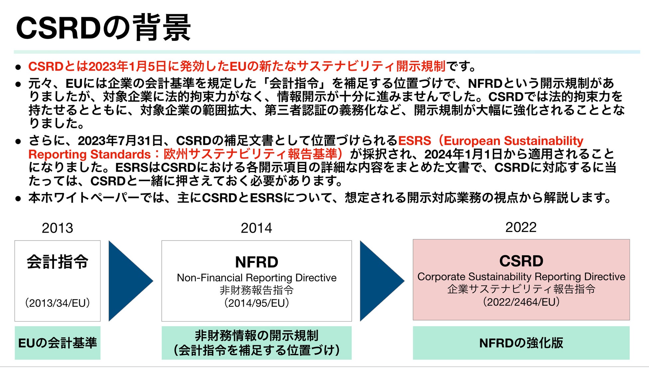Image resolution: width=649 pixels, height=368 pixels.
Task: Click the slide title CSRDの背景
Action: click(x=103, y=28)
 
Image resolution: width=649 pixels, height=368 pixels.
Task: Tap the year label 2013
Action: click(x=57, y=228)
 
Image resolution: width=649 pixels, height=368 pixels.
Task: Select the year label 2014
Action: click(x=256, y=228)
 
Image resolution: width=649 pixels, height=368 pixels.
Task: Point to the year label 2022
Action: click(x=521, y=227)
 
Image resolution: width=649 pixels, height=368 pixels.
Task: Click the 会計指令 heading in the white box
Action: click(x=58, y=262)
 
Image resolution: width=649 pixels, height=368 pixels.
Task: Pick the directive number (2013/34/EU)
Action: click(x=58, y=303)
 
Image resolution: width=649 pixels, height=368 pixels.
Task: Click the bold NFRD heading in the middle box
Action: click(x=256, y=262)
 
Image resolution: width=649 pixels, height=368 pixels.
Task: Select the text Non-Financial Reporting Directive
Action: click(x=256, y=277)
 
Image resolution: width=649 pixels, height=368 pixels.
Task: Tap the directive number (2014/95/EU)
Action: click(x=256, y=303)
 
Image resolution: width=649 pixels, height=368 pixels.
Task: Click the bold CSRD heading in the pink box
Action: click(x=521, y=261)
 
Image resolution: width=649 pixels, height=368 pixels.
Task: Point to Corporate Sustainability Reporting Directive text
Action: click(x=521, y=276)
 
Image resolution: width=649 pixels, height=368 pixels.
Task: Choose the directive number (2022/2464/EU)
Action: click(x=521, y=302)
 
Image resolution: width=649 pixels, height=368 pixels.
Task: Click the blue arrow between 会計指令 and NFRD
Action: click(x=128, y=281)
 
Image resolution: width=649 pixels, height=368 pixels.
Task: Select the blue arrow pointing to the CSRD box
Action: click(x=379, y=281)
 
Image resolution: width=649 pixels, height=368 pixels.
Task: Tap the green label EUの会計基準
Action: click(x=58, y=343)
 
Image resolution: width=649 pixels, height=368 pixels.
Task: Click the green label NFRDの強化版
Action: click(x=521, y=343)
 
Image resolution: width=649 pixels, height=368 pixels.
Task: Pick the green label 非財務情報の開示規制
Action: click(x=256, y=335)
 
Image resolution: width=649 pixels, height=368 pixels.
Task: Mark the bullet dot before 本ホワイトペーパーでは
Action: click(x=18, y=199)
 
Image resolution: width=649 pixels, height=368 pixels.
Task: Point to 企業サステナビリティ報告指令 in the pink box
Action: click(x=521, y=289)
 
